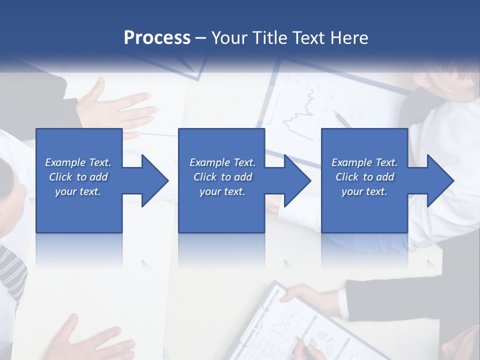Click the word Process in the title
(x=157, y=38)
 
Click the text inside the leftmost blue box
(x=78, y=177)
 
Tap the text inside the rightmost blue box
(x=364, y=177)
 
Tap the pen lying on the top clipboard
(x=342, y=120)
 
